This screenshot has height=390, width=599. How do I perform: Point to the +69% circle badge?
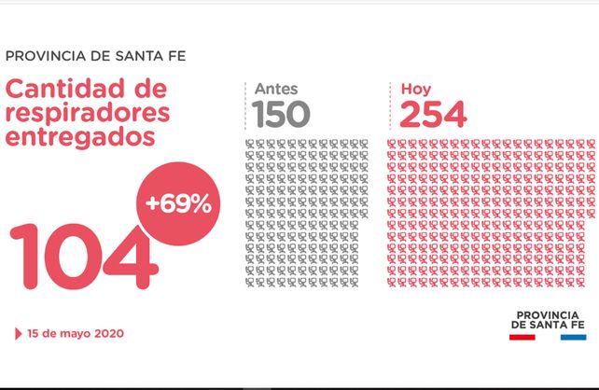177,204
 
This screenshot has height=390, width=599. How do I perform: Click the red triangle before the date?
19,333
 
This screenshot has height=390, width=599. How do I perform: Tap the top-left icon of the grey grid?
250,145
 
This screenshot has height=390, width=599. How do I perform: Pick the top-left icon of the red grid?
393,145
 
